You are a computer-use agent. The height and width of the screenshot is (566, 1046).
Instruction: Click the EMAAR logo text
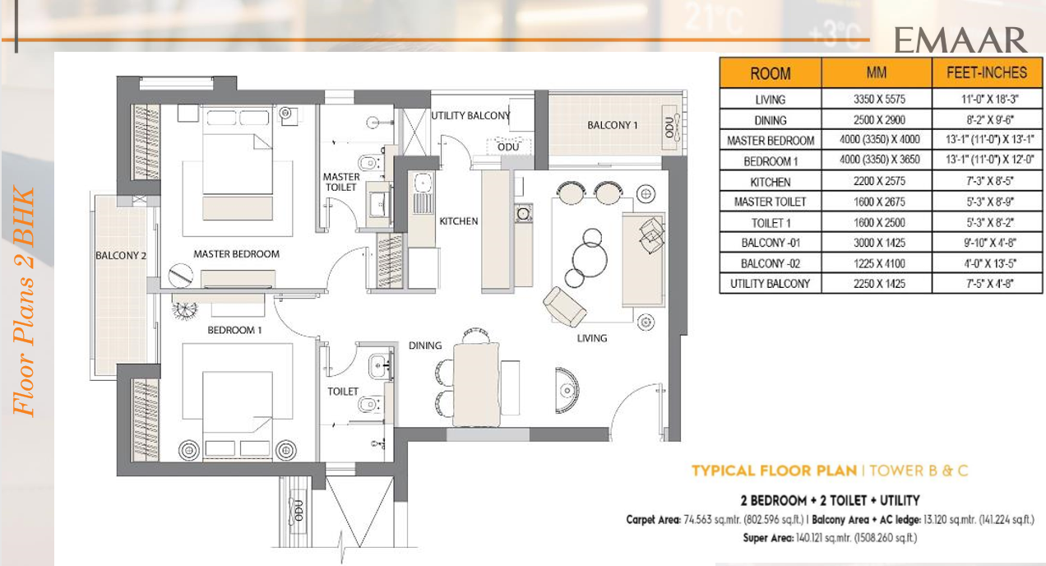(x=960, y=39)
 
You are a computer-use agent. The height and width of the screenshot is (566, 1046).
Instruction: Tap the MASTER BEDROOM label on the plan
(x=237, y=254)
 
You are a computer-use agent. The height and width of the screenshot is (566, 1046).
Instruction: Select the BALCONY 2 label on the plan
(x=121, y=256)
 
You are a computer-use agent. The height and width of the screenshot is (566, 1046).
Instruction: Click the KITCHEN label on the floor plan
(x=459, y=221)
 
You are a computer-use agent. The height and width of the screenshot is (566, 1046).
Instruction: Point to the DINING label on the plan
(x=425, y=346)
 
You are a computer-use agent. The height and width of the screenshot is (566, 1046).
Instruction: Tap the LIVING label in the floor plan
(x=592, y=338)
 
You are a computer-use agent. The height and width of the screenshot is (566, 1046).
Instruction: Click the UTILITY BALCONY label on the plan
(x=470, y=116)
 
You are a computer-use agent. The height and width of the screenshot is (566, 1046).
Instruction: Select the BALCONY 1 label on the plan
(x=613, y=125)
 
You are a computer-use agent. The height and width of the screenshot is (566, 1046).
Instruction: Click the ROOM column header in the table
(x=771, y=73)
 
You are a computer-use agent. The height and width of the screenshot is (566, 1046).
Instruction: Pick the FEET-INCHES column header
(x=987, y=72)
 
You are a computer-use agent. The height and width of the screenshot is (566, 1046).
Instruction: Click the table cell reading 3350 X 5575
(x=877, y=99)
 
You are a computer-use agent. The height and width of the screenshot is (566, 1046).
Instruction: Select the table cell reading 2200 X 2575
(x=877, y=181)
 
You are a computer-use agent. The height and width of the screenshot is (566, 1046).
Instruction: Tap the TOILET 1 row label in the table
(x=771, y=222)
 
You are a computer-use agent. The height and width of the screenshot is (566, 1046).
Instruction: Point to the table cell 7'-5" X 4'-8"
(x=987, y=284)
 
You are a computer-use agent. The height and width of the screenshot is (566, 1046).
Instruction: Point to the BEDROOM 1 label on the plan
(x=234, y=330)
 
